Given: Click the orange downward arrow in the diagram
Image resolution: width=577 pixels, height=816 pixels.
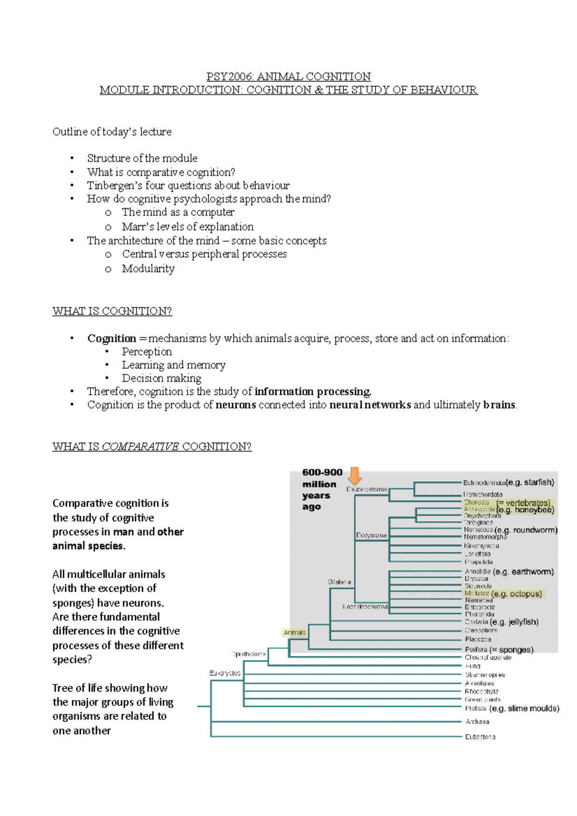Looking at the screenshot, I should tap(355, 476).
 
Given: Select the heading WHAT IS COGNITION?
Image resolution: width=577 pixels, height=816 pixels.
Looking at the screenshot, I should tap(112, 311).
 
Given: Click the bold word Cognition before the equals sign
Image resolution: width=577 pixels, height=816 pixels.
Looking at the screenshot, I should tap(112, 338).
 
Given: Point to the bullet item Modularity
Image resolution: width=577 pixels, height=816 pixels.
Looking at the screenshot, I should tap(148, 268).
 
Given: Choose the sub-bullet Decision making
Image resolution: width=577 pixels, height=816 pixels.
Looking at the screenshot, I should tap(161, 378).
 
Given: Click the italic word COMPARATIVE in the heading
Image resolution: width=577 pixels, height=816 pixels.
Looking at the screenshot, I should tap(140, 446).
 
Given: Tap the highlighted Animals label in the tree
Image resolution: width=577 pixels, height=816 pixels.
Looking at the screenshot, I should tap(294, 632).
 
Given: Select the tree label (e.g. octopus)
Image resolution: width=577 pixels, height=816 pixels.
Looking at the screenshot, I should tap(517, 594).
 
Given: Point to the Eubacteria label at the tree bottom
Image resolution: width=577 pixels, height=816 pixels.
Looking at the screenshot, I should tap(480, 737).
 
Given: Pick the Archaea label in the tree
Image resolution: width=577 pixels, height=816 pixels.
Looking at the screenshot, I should tap(477, 721).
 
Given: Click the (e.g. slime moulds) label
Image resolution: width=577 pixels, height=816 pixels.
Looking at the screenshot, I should tap(524, 708).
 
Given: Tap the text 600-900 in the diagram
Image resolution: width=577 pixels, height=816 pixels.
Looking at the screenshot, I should tap(322, 472).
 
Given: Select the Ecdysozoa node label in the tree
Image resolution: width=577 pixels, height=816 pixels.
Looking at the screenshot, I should tap(371, 535).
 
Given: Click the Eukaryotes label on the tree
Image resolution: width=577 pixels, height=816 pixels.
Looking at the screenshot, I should tap(225, 673).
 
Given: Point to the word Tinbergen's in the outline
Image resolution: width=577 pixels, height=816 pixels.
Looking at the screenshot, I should tap(114, 185).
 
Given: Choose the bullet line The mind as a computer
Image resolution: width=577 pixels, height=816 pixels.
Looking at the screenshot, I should tap(178, 212).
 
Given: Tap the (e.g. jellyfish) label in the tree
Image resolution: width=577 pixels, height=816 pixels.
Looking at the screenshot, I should tap(514, 622).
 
